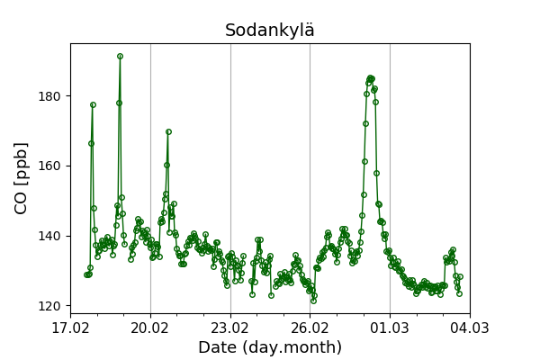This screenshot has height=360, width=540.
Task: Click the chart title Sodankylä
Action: click(270, 31)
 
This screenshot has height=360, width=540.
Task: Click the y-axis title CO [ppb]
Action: click(21, 177)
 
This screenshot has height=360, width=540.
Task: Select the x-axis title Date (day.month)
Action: click(270, 347)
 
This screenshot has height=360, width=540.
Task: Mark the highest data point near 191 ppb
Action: click(120, 56)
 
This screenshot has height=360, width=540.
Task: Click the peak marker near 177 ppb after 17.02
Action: click(93, 104)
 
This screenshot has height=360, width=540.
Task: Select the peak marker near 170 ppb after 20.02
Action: click(168, 131)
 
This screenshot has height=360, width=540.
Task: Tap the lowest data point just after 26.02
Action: click(313, 300)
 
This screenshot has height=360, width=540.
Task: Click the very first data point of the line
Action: click(86, 274)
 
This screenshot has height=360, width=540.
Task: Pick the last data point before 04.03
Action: click(459, 293)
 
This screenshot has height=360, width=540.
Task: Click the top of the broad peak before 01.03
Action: click(370, 78)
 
